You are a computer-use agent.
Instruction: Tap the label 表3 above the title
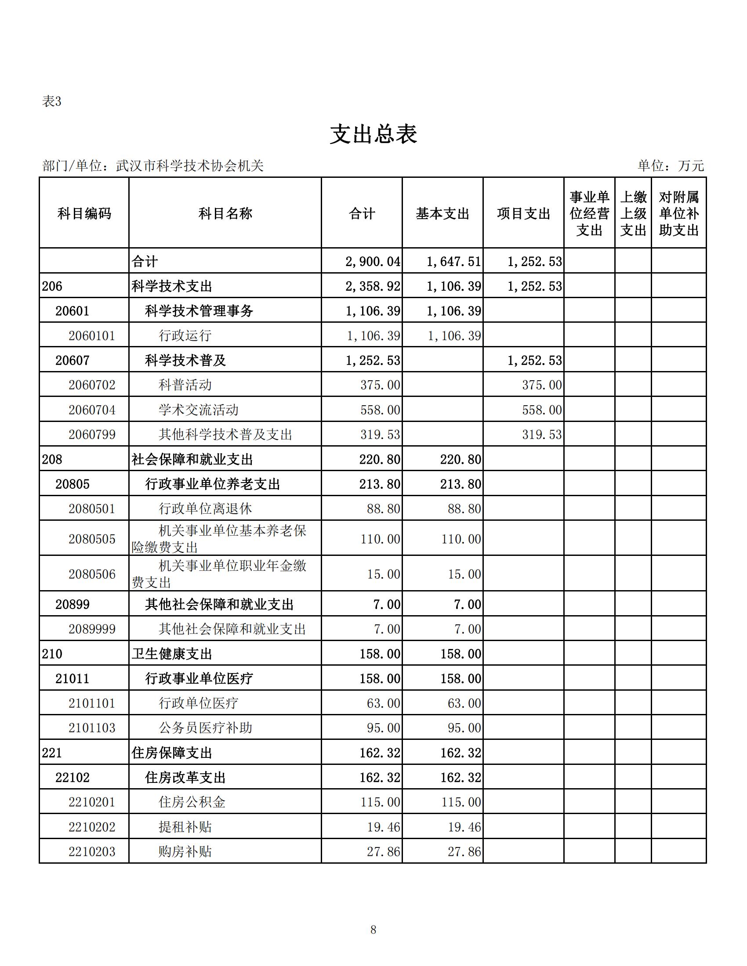click(51, 102)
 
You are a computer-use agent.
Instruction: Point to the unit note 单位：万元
click(670, 166)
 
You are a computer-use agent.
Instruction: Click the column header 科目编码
click(84, 214)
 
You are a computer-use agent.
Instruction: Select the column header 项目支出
click(523, 214)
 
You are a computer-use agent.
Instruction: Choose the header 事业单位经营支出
click(589, 214)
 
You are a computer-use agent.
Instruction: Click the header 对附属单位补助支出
click(678, 214)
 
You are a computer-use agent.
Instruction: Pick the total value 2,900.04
click(373, 261)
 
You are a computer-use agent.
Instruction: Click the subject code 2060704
click(91, 410)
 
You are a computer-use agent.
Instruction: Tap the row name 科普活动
click(185, 385)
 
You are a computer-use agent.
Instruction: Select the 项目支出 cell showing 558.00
click(542, 410)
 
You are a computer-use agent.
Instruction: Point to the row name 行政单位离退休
click(205, 508)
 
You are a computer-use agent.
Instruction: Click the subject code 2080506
click(91, 574)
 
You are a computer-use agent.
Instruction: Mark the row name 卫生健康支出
click(172, 654)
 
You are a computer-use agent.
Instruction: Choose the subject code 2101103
click(91, 728)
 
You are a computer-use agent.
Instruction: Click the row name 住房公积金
click(192, 802)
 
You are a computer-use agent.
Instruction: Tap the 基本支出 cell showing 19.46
click(464, 827)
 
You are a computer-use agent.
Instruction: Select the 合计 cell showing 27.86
click(383, 852)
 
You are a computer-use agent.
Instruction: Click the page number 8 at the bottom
click(373, 930)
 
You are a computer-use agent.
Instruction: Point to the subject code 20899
click(72, 605)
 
